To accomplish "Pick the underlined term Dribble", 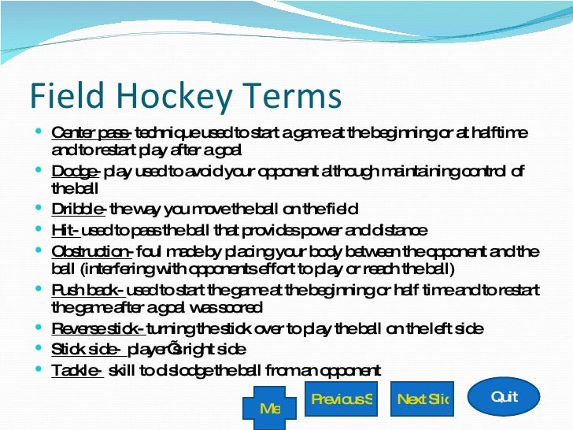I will tap(77, 209).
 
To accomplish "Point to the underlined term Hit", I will tap(65, 230).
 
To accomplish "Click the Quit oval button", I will tap(504, 397).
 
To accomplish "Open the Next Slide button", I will tap(422, 399).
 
